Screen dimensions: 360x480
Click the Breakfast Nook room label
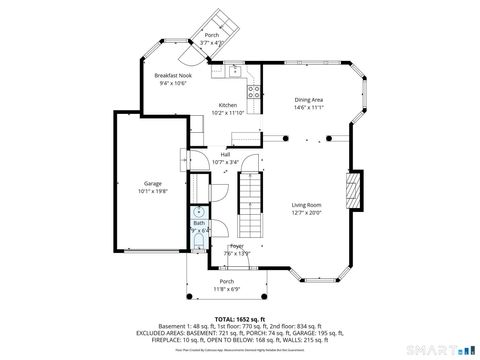[x=171, y=75]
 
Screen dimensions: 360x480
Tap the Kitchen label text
[x=228, y=105]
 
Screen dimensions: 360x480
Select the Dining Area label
[x=308, y=99]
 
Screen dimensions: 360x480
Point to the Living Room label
[x=307, y=204]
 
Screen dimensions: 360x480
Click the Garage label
[x=153, y=184]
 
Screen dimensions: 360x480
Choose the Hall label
[x=226, y=153]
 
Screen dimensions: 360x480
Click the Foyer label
[x=237, y=245]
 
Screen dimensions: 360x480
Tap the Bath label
[x=198, y=223]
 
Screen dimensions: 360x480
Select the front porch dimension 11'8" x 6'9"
[x=227, y=289]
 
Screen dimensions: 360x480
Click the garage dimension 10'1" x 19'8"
[x=153, y=191]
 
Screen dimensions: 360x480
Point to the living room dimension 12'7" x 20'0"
[x=307, y=211]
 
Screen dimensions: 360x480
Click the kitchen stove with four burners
[x=254, y=95]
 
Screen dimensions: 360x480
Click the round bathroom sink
[x=198, y=211]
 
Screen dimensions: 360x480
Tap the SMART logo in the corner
[x=440, y=350]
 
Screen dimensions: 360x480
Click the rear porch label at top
[x=211, y=35]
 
